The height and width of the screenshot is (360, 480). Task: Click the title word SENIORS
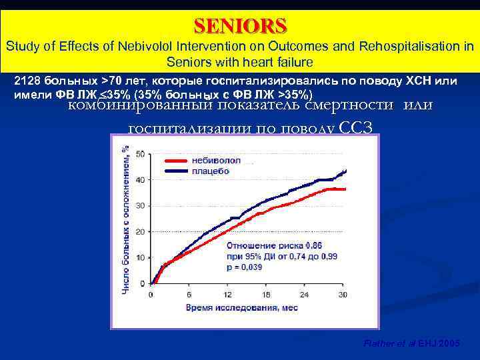click(x=240, y=25)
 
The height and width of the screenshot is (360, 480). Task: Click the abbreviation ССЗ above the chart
click(x=360, y=128)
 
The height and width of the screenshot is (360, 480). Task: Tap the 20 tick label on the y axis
click(x=140, y=231)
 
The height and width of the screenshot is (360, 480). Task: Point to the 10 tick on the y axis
click(x=140, y=257)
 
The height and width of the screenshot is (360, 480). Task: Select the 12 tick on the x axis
click(x=227, y=294)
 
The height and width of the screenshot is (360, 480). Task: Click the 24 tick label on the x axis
click(x=305, y=294)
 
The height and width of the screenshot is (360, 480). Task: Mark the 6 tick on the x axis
click(x=189, y=294)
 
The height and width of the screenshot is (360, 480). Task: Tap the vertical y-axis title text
click(x=125, y=219)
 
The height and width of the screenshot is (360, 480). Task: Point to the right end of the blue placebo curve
click(x=345, y=171)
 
